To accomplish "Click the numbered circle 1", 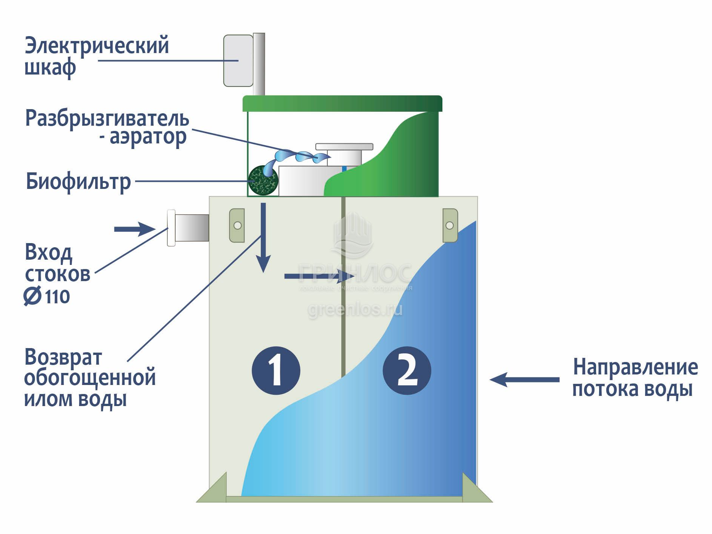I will tap(276, 370).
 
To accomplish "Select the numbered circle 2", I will tap(406, 370).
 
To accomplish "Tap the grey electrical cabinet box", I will tap(238, 61).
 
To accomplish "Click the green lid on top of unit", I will tap(342, 103).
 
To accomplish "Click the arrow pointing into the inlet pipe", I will tap(134, 229).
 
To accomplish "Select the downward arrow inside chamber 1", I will tap(263, 237).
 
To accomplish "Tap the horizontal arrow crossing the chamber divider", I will tap(319, 277).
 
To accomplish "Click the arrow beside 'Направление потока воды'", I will tap(524, 379).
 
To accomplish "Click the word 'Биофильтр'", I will tap(78, 182).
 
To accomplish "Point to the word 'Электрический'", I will tap(97, 46).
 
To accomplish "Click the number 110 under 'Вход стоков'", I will tap(58, 297).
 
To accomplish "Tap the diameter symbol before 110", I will tap(32, 296).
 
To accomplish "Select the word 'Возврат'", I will tap(63, 357).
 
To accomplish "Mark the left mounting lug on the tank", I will tap(237, 225).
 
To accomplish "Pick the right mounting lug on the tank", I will tap(450, 225).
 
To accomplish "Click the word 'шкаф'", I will tap(50, 68).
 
